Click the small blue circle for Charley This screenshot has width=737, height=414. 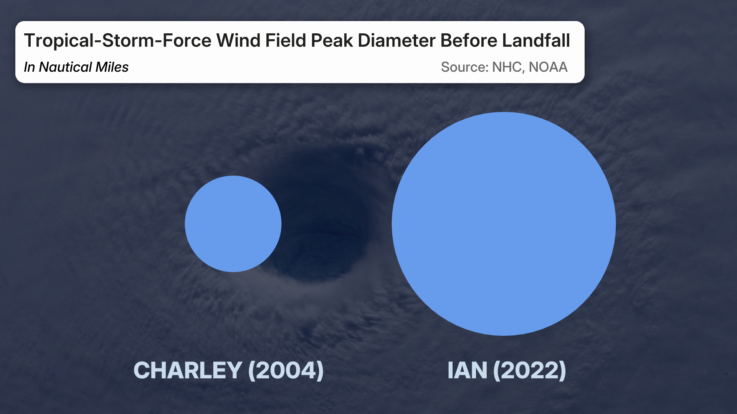pyautogui.click(x=233, y=224)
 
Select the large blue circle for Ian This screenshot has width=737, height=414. pyautogui.click(x=504, y=224)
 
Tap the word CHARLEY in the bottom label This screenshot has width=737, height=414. pyautogui.click(x=188, y=370)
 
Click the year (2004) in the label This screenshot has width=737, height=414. pyautogui.click(x=286, y=370)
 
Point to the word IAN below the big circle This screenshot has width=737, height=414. pyautogui.click(x=467, y=370)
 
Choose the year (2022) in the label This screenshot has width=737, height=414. pyautogui.click(x=530, y=370)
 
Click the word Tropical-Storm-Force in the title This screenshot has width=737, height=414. pyautogui.click(x=117, y=41)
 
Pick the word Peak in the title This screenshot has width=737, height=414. pyautogui.click(x=332, y=41)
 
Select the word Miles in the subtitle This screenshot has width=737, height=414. pyautogui.click(x=112, y=67)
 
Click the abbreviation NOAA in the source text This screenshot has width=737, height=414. pyautogui.click(x=548, y=67)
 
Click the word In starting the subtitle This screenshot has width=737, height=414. pyautogui.click(x=29, y=67)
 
